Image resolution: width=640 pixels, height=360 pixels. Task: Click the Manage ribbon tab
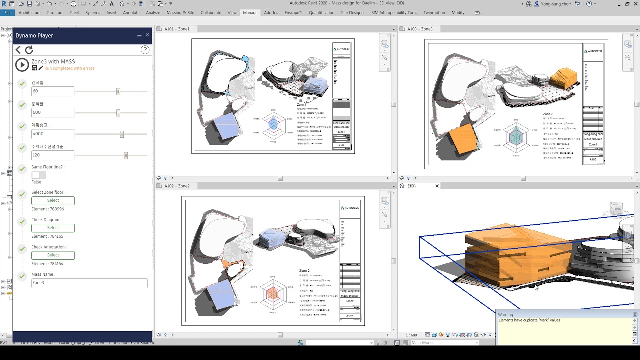click(250, 13)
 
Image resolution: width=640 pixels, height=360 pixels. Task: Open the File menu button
click(7, 13)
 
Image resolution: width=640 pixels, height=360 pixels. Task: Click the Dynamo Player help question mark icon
click(145, 50)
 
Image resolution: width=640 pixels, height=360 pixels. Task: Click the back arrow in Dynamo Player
click(18, 50)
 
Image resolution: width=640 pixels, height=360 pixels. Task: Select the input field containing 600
click(53, 113)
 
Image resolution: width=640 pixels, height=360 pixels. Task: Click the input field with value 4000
click(53, 134)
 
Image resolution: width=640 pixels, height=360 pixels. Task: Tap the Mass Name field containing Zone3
click(89, 283)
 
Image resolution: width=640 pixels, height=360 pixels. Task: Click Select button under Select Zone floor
click(53, 201)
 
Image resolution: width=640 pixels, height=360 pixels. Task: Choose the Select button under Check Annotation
click(53, 255)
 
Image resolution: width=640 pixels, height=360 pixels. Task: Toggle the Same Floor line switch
click(39, 175)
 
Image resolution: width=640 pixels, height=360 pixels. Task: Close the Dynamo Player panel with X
click(147, 35)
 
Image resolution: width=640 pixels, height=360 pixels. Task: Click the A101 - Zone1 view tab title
click(177, 29)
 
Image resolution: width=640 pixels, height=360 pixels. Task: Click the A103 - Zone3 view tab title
click(420, 29)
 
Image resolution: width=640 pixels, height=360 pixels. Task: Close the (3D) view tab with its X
click(437, 186)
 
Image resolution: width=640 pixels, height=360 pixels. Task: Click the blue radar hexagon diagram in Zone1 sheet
click(273, 125)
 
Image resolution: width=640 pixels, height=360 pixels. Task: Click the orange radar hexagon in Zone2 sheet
click(272, 294)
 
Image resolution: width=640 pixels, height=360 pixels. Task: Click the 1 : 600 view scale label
click(411, 335)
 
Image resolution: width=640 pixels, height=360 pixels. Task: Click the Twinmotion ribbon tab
click(434, 13)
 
